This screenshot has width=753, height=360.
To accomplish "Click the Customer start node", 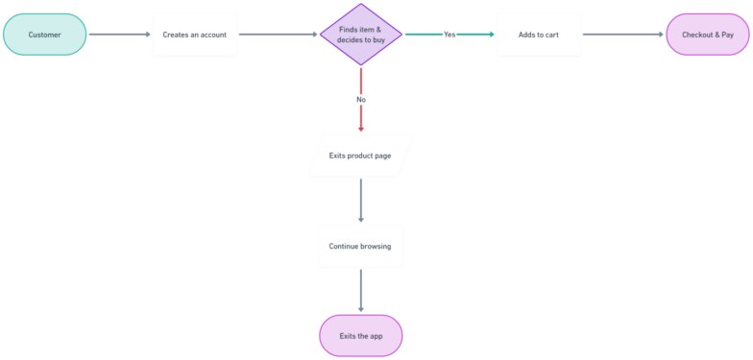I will pyautogui.click(x=44, y=35).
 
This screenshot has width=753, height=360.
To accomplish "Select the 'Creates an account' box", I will pyautogui.click(x=194, y=35).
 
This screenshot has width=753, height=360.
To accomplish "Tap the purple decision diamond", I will pyautogui.click(x=360, y=35).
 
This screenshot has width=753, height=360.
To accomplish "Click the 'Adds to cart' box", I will pyautogui.click(x=538, y=35).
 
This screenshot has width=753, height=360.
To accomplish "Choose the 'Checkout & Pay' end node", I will pyautogui.click(x=708, y=35).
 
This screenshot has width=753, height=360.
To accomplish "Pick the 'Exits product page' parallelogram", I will pyautogui.click(x=360, y=155).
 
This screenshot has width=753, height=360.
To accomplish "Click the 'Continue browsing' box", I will pyautogui.click(x=360, y=246).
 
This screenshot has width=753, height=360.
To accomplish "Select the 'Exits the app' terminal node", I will pyautogui.click(x=360, y=336).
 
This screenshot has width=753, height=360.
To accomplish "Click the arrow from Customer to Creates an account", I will pyautogui.click(x=119, y=35).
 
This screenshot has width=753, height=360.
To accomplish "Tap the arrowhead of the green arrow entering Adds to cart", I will pyautogui.click(x=491, y=35).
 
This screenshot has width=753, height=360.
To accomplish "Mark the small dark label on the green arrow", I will pyautogui.click(x=449, y=35).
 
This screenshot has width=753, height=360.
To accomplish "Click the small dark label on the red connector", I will pyautogui.click(x=360, y=99).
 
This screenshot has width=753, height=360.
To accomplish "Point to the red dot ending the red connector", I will pyautogui.click(x=360, y=129).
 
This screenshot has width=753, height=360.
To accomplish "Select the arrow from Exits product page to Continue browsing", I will pyautogui.click(x=360, y=200).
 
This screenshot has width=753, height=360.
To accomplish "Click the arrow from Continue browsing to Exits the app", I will pyautogui.click(x=360, y=290).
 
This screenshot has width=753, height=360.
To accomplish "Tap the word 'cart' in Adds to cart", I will pyautogui.click(x=549, y=35).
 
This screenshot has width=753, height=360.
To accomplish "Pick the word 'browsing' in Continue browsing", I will pyautogui.click(x=376, y=246).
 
